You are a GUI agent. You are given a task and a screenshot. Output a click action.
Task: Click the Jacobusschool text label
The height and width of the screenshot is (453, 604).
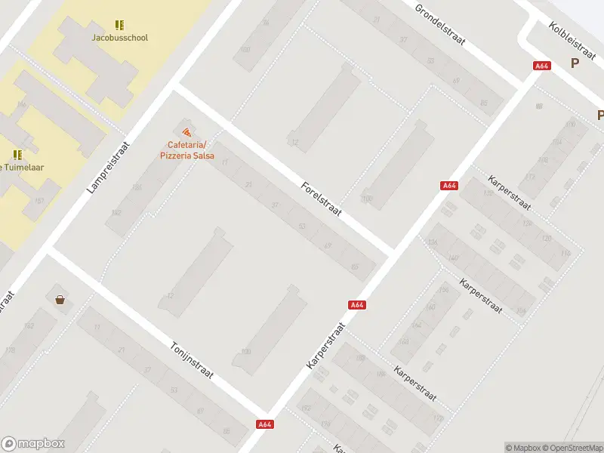click(x=119, y=38)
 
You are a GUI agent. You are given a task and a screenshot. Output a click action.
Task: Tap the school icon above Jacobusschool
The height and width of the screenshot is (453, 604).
click(x=119, y=25)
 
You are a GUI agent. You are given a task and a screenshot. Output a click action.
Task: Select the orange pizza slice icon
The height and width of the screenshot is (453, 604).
click(x=186, y=133)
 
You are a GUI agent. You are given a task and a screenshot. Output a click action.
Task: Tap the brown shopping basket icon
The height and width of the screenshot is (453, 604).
click(x=60, y=300)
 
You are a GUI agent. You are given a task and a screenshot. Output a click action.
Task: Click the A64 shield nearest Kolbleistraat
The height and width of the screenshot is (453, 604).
click(x=541, y=66)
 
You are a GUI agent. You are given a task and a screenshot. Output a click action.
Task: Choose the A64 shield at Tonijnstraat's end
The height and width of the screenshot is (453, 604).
click(x=264, y=424)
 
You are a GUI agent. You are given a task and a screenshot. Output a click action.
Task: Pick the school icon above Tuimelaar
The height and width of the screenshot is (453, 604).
click(x=17, y=155)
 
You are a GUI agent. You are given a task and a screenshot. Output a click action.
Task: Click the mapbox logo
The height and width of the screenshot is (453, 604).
click(x=33, y=444)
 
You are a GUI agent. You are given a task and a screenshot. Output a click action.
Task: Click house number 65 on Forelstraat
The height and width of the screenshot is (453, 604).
click(x=355, y=266)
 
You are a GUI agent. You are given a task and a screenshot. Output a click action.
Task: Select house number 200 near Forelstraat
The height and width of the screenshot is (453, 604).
click(x=366, y=199)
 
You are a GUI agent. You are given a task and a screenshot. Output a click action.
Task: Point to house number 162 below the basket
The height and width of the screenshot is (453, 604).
click(x=29, y=326)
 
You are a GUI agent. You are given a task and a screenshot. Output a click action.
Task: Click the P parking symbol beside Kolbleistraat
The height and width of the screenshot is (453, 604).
click(x=575, y=63)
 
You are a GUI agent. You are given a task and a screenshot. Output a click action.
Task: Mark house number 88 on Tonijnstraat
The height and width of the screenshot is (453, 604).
click(x=226, y=430)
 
